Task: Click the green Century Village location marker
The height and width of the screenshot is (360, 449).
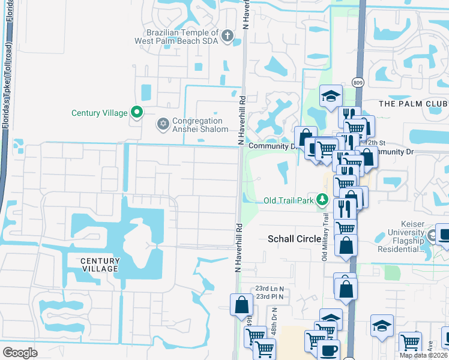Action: click(137, 112)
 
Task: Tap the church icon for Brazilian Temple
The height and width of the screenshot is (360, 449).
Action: click(227, 36)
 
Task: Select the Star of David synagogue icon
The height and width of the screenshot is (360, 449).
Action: click(163, 124)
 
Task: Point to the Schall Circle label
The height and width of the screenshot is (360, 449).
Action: click(294, 239)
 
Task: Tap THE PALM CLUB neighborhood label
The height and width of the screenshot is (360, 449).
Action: click(413, 104)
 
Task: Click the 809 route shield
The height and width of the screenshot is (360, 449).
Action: click(358, 83)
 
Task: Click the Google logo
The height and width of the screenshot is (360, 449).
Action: click(20, 352)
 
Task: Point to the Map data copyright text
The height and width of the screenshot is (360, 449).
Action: click(423, 355)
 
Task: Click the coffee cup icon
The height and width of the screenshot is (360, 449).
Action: click(328, 349)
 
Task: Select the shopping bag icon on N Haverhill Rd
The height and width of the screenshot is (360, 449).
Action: click(241, 304)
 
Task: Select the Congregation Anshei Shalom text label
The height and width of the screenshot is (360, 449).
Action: click(200, 125)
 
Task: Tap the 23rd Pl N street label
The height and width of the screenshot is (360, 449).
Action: click(270, 296)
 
